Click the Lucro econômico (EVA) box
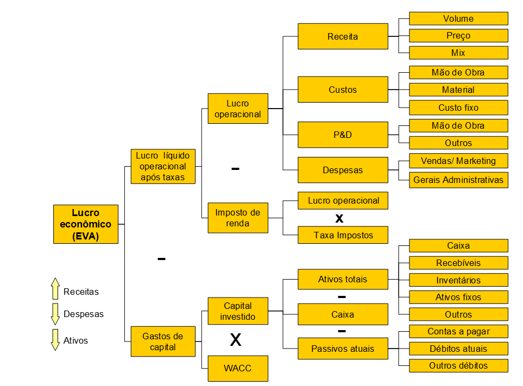tap(86, 224)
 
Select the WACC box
tap(238, 368)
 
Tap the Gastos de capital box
tap(163, 341)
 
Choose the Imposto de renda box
tap(238, 218)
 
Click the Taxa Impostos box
tap(343, 235)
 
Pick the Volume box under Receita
tap(458, 18)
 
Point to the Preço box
tap(458, 36)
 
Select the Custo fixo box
tap(458, 107)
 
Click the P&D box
tap(343, 135)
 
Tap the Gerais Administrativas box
tap(458, 180)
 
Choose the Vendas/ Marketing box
tap(458, 161)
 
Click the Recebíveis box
tap(458, 263)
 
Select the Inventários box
tap(458, 280)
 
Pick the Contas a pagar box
tap(458, 332)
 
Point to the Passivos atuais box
tap(343, 349)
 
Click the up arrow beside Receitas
tap(55, 289)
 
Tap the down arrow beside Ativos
tap(55, 340)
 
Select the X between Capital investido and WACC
tap(236, 340)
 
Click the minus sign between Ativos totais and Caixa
tap(342, 296)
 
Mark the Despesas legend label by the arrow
tap(84, 314)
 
